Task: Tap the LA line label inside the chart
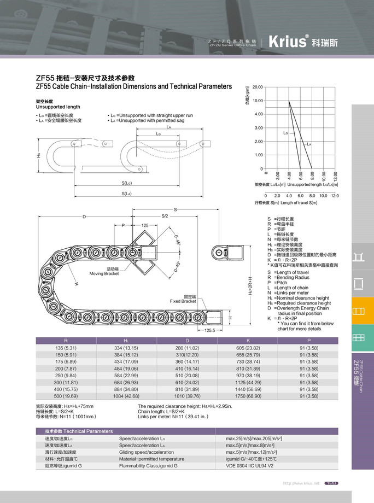click(309, 144)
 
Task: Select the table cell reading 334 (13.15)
click(126, 348)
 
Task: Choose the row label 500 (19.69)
click(66, 396)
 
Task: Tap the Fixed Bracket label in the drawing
click(183, 299)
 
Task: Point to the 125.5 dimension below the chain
click(210, 331)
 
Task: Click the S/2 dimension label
click(165, 216)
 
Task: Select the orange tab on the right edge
click(359, 311)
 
